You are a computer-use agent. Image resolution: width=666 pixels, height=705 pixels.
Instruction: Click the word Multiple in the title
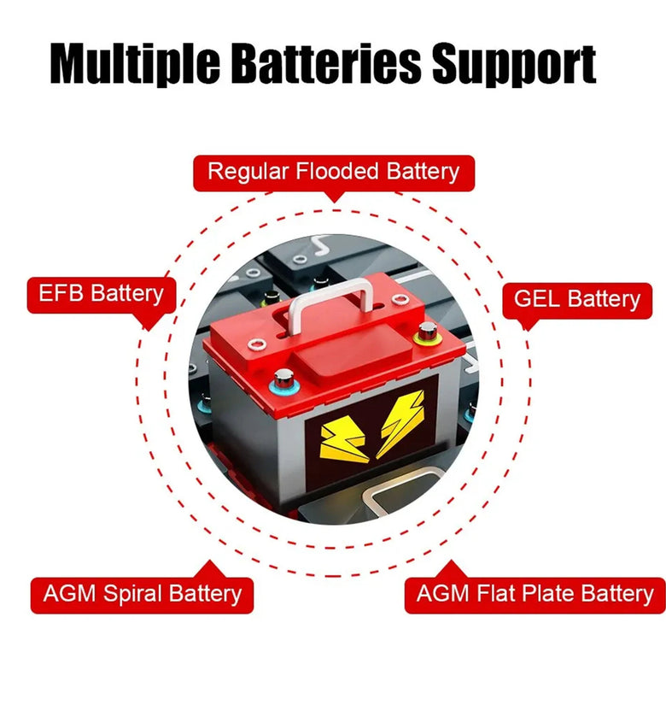point(135,63)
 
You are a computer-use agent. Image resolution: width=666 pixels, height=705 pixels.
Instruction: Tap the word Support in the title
point(514,65)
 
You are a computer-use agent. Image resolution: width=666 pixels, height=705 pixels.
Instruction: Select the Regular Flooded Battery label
point(334,173)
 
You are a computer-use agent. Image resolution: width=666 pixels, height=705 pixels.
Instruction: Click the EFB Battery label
point(102,295)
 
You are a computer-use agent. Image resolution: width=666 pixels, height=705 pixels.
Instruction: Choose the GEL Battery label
point(577,300)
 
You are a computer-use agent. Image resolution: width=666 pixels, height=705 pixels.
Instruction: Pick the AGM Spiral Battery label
point(142,595)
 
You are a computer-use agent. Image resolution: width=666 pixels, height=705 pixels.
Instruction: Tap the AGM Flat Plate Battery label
point(535,595)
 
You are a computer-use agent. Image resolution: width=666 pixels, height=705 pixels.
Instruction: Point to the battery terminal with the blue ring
point(283,382)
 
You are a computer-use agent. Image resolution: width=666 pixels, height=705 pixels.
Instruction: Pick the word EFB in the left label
point(61,293)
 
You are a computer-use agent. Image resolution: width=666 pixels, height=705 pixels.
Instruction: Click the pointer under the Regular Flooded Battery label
point(334,197)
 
